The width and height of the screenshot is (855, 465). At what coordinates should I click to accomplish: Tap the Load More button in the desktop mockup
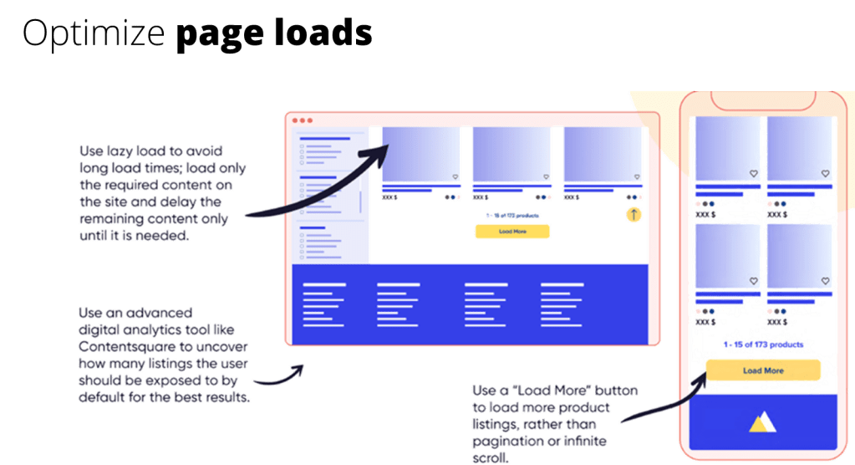coord(511,232)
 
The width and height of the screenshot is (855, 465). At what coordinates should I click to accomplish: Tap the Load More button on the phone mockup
coord(763,370)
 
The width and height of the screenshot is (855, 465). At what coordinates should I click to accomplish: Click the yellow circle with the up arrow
coord(634,215)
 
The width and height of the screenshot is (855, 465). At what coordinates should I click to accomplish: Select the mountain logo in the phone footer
coord(762,423)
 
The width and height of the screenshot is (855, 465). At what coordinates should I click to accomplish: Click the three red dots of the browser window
coord(303,120)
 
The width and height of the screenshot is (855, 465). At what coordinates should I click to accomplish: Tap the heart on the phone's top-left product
coord(753,173)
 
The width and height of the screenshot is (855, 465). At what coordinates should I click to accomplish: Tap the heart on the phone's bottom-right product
coord(825,280)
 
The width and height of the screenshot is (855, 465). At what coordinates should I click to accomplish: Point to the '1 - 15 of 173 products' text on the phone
coord(762,345)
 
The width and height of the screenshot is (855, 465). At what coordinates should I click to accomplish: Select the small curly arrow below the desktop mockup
coord(280,376)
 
